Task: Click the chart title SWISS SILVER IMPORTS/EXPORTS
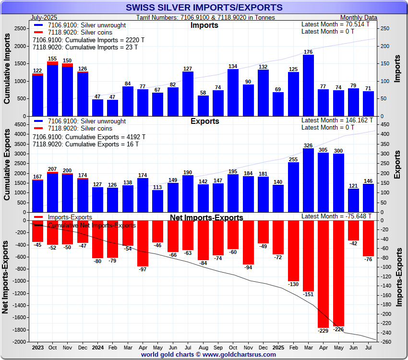click(204, 8)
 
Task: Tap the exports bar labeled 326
click(308, 180)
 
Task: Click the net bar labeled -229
click(323, 274)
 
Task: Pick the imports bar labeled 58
click(203, 106)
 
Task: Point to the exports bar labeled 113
click(158, 201)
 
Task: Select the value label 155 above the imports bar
click(53, 59)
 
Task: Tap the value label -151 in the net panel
click(308, 294)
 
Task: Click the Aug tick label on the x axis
click(203, 347)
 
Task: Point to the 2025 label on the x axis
click(278, 347)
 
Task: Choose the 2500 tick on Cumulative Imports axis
click(20, 29)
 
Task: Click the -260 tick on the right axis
click(385, 342)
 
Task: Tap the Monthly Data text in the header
click(358, 17)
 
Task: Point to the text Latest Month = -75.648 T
click(336, 216)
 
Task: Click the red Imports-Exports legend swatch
click(38, 217)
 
